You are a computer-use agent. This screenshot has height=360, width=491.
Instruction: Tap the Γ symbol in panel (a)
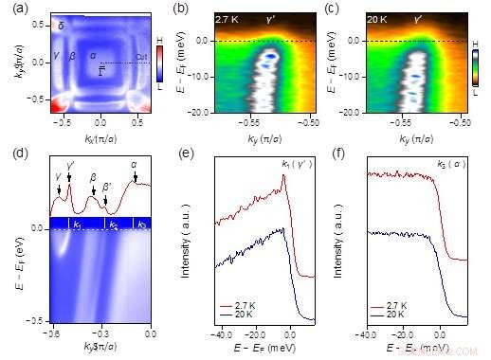coord(102,71)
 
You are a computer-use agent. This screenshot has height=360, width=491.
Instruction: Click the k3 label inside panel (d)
coord(141,225)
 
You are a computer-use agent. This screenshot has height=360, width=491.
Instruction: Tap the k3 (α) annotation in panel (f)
coord(451,166)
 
